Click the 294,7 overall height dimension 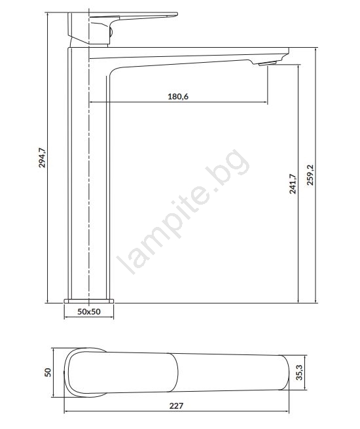coord(42,158)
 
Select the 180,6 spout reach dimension coord(178,96)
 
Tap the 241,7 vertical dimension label coord(293,184)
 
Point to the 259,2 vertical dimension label coord(311,175)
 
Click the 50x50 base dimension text coord(89,312)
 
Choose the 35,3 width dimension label coord(300,372)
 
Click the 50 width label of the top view coord(48,372)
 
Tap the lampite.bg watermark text coord(183,211)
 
